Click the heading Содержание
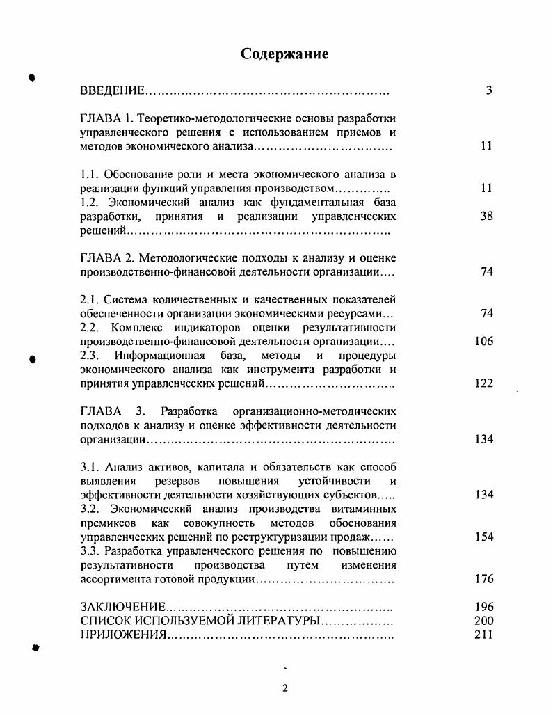tap(284, 54)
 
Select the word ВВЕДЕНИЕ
tap(112, 90)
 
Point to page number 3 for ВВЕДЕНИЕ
tap(489, 90)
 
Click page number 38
tap(486, 216)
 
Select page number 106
tap(483, 341)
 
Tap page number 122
tap(483, 383)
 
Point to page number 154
tap(483, 537)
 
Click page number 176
tap(483, 578)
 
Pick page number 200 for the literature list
tap(483, 621)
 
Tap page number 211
tap(483, 635)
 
